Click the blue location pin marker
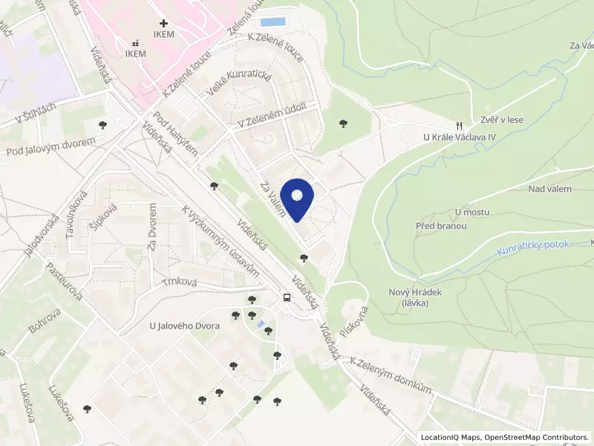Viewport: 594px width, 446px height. tap(297, 198)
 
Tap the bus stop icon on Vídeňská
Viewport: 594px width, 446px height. tap(287, 298)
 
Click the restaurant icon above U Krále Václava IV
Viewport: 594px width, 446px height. tap(460, 125)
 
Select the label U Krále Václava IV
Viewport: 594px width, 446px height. tap(459, 138)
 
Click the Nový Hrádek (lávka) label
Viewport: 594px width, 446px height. tap(415, 297)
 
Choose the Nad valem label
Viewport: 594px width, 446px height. tap(549, 189)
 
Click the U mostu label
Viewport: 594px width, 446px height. tap(472, 212)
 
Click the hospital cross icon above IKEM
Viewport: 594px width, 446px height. tap(163, 24)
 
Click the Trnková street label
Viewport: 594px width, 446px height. tap(178, 282)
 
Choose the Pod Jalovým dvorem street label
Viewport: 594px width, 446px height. tap(51, 146)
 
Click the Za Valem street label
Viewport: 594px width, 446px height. tap(272, 201)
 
